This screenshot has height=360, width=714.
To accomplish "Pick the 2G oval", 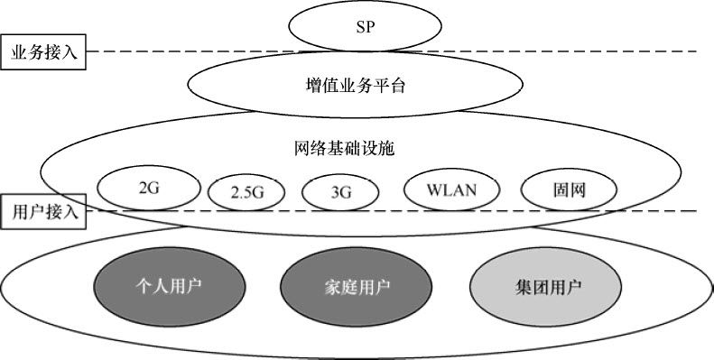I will pyautogui.click(x=150, y=189).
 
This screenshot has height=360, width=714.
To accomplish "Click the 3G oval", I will pyautogui.click(x=339, y=192).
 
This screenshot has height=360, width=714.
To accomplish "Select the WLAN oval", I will pyautogui.click(x=451, y=189).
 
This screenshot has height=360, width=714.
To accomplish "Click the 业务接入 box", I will pyautogui.click(x=43, y=52).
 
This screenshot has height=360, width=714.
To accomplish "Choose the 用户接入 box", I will pyautogui.click(x=43, y=213).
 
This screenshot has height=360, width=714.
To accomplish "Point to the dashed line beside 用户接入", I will pyautogui.click(x=668, y=212).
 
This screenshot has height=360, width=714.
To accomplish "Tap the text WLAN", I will pyautogui.click(x=451, y=189).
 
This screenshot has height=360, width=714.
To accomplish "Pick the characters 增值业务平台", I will pyautogui.click(x=355, y=85).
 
